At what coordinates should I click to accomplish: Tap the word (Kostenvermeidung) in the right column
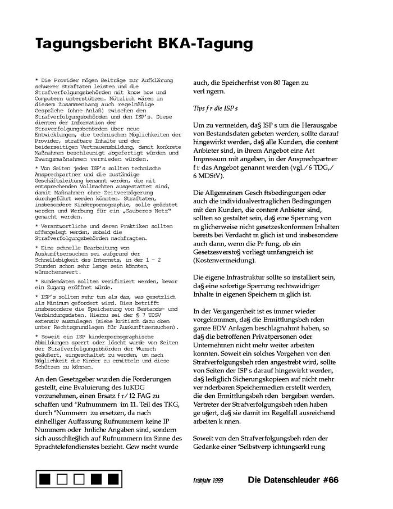[x=221, y=260]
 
